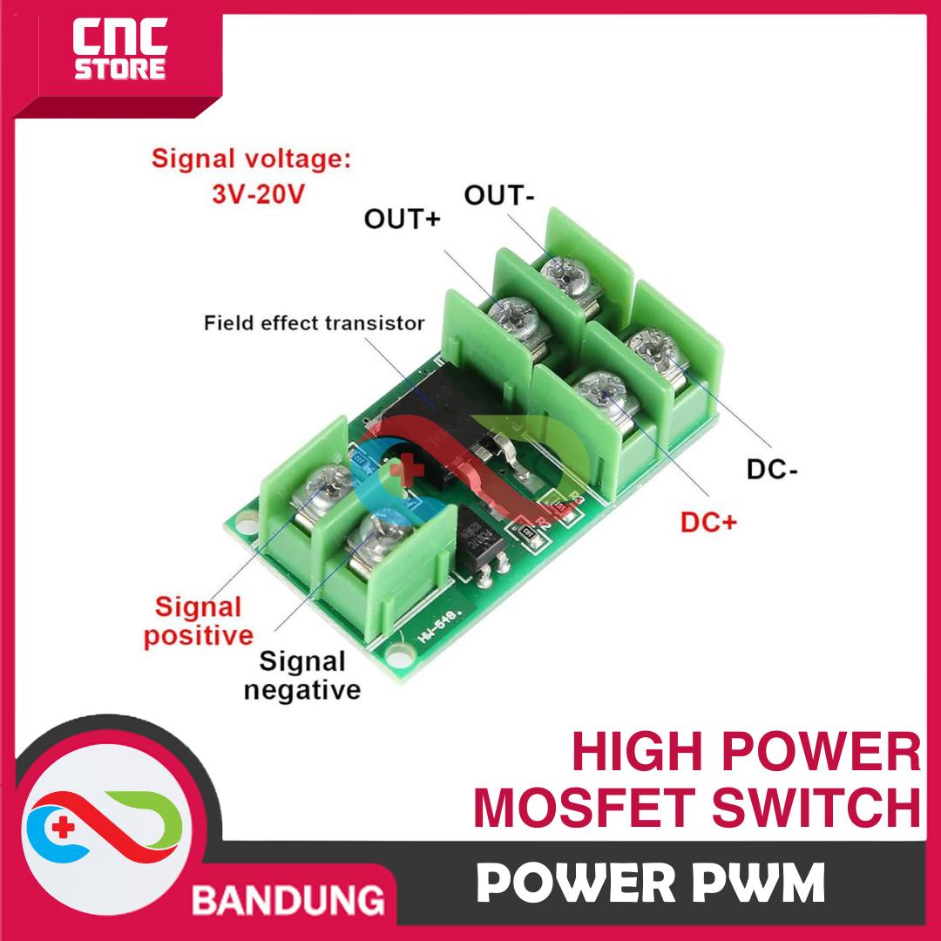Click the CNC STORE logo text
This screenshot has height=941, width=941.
pyautogui.click(x=118, y=53)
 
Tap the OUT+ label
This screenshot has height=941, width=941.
pyautogui.click(x=403, y=219)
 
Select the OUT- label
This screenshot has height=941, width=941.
pyautogui.click(x=498, y=195)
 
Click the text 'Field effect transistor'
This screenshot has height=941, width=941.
pyautogui.click(x=315, y=324)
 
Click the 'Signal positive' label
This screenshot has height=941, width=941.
pyautogui.click(x=198, y=620)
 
